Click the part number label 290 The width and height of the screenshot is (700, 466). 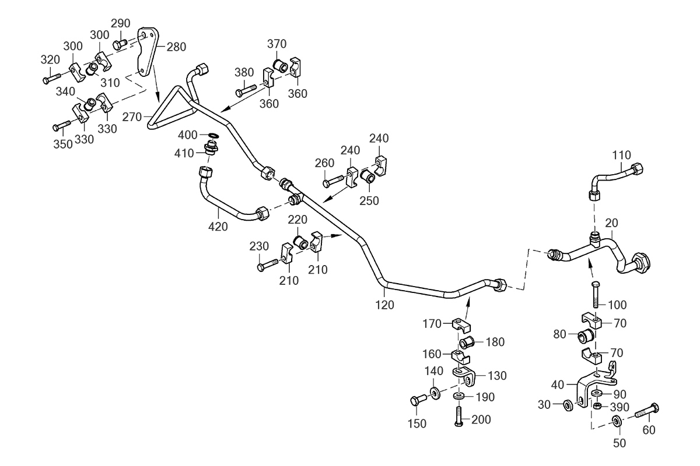pos(121,23)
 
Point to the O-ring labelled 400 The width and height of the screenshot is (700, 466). pos(213,136)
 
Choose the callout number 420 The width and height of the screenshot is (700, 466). pos(218,227)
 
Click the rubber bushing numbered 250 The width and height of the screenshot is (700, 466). pos(368,176)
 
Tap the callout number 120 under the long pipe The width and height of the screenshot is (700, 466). pos(384,305)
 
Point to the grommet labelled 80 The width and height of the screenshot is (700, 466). pos(585,336)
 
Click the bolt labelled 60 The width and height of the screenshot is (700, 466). pos(647,411)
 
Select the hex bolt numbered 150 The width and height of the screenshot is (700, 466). pos(418,400)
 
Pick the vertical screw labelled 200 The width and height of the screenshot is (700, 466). pos(459,416)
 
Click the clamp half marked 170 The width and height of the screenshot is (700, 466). pos(461,325)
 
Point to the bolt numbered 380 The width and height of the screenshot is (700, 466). pos(246,90)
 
